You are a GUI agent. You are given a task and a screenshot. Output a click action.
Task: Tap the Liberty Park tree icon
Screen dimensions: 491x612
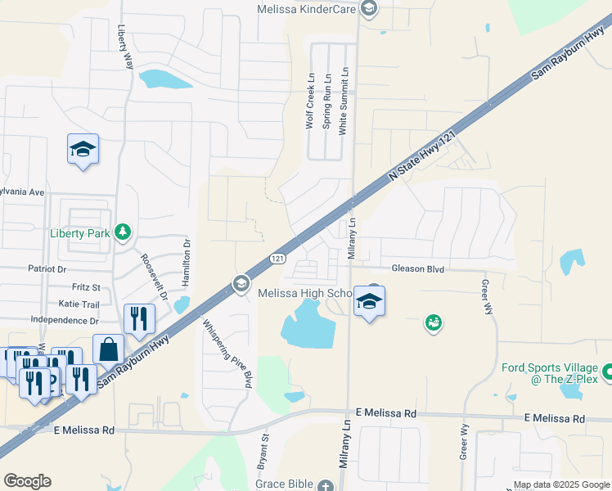123,233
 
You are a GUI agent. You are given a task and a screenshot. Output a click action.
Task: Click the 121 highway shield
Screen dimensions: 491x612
278,259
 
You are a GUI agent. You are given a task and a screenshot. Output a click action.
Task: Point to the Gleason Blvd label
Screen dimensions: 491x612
417,268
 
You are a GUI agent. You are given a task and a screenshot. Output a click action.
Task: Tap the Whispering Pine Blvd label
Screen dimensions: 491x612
225,352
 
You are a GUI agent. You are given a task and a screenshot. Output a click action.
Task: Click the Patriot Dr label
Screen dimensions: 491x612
46,268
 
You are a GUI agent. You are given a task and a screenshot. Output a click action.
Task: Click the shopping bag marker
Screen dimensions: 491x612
108,350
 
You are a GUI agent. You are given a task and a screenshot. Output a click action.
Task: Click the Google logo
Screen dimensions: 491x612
26,481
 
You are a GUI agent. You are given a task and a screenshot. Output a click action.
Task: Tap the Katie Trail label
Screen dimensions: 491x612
79,304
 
